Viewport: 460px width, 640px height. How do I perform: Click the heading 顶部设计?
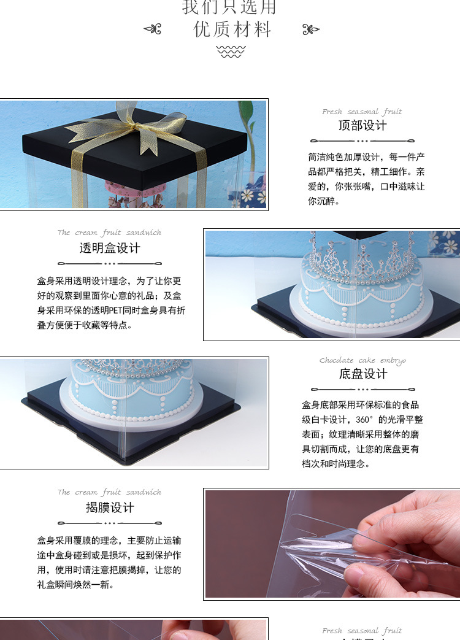pyautogui.click(x=362, y=125)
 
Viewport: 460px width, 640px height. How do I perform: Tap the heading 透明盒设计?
pyautogui.click(x=110, y=248)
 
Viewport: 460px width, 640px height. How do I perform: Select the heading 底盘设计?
pyautogui.click(x=362, y=374)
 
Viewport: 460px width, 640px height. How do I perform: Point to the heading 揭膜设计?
pyautogui.click(x=110, y=507)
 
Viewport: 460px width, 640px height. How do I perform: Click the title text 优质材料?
pyautogui.click(x=232, y=29)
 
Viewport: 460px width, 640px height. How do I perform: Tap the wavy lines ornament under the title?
pyautogui.click(x=231, y=52)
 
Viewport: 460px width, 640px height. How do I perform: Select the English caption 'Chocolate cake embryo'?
pyautogui.click(x=362, y=360)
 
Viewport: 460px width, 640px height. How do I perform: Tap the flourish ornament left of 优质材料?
pyautogui.click(x=152, y=29)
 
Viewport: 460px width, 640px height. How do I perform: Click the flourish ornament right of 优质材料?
pyautogui.click(x=312, y=29)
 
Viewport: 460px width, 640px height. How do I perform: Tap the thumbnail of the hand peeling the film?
pyautogui.click(x=332, y=544)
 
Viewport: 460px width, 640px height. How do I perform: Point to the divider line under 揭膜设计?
pyautogui.click(x=110, y=523)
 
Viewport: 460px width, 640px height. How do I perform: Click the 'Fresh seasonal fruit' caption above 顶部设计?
pyautogui.click(x=362, y=112)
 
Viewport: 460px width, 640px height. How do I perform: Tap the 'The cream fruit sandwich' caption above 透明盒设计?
pyautogui.click(x=109, y=233)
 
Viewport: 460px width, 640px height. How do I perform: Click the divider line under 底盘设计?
pyautogui.click(x=362, y=389)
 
